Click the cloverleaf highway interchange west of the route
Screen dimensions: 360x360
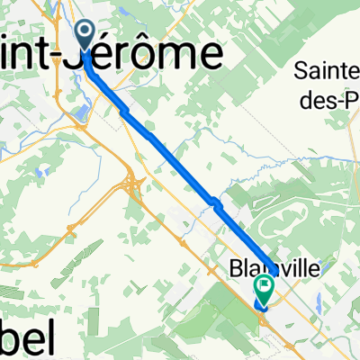(132, 185)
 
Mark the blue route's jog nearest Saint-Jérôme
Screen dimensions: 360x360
(123, 109)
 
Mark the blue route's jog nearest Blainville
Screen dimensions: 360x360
(212, 202)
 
